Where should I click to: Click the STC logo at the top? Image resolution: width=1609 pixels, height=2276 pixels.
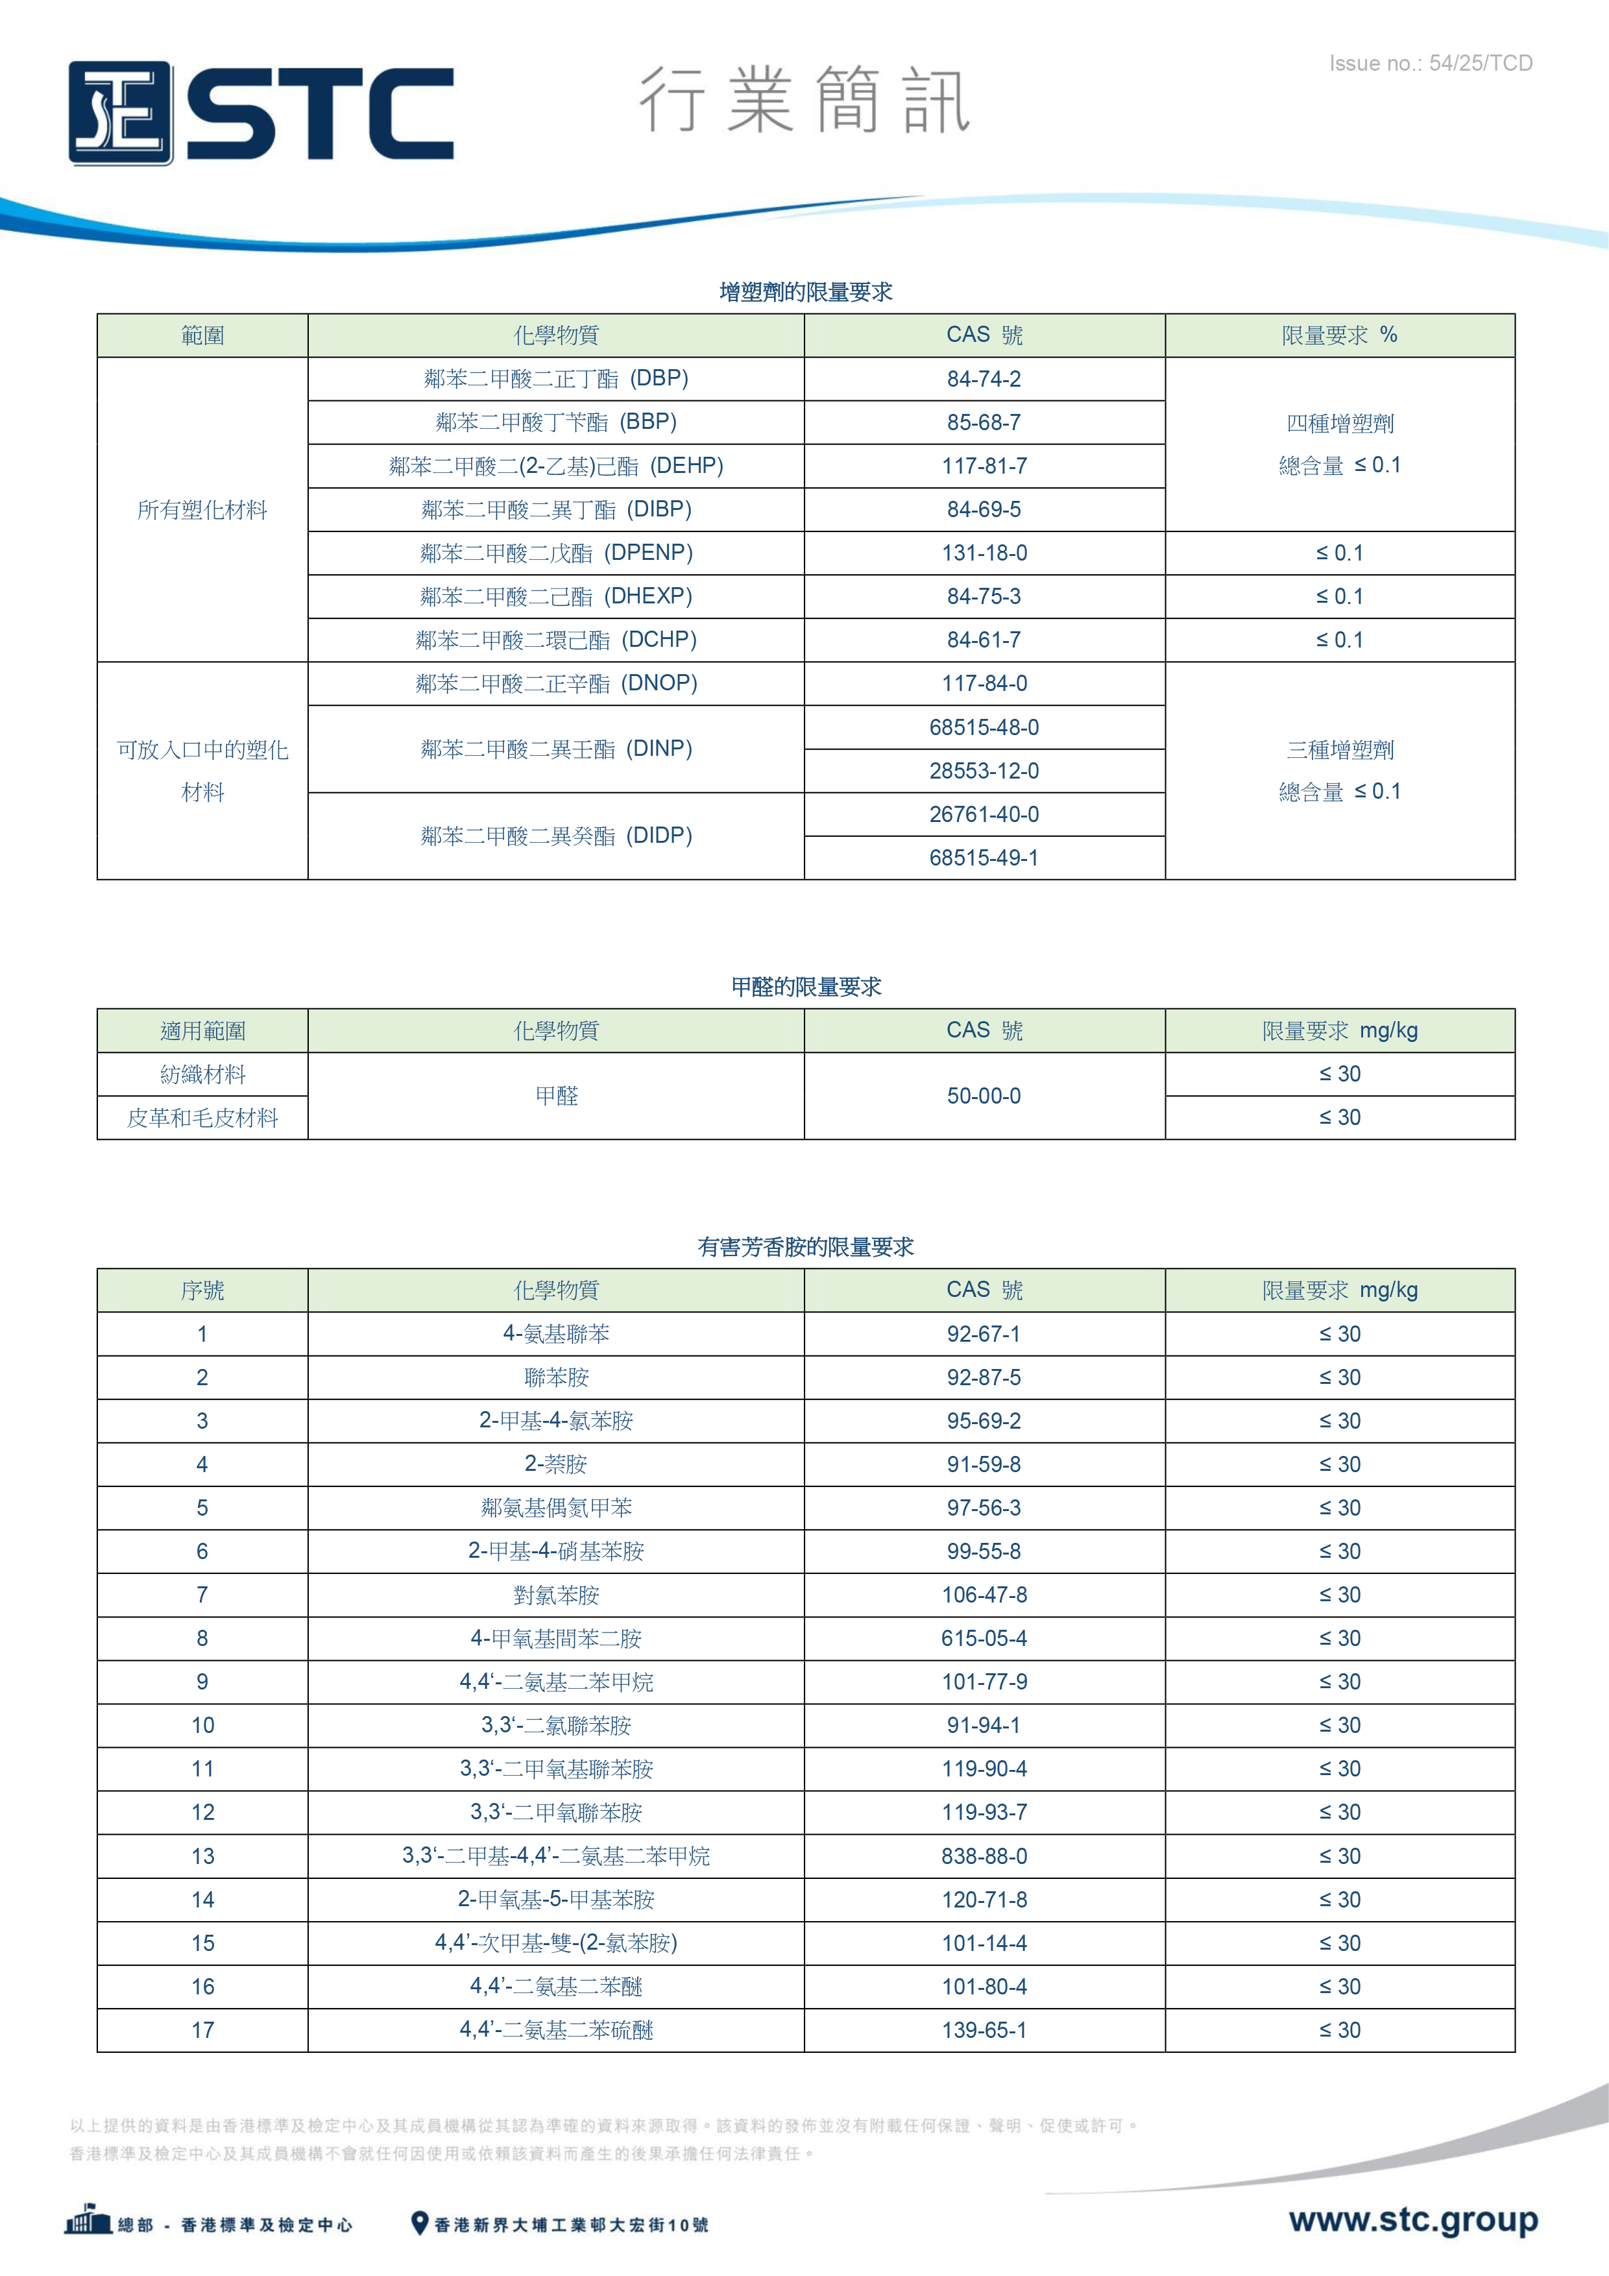tap(261, 113)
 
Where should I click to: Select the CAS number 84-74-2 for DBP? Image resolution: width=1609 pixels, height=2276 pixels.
tap(984, 379)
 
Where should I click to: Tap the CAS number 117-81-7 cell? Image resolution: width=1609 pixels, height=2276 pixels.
tap(984, 466)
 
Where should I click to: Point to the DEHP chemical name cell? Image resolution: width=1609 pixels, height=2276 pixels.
tap(555, 466)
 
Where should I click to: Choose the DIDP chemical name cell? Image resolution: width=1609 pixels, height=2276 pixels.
tap(555, 836)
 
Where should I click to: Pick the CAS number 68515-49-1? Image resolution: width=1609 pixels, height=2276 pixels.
tap(984, 858)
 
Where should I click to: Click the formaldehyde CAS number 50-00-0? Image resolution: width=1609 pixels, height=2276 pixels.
tap(984, 1095)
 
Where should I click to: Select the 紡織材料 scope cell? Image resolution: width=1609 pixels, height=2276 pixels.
tap(202, 1074)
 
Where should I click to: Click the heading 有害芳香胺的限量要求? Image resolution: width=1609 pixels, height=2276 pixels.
tap(805, 1247)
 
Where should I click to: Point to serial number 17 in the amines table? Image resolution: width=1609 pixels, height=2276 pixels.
tap(202, 2030)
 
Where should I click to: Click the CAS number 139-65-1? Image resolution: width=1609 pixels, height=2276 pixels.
tap(984, 2030)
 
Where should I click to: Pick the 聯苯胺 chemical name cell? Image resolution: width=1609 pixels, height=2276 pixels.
tap(555, 1377)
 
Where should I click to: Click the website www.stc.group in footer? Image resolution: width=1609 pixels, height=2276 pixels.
tap(1412, 2220)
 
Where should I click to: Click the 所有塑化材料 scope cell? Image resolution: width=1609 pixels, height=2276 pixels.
tap(202, 509)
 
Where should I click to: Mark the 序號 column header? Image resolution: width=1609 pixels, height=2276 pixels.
tap(202, 1290)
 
